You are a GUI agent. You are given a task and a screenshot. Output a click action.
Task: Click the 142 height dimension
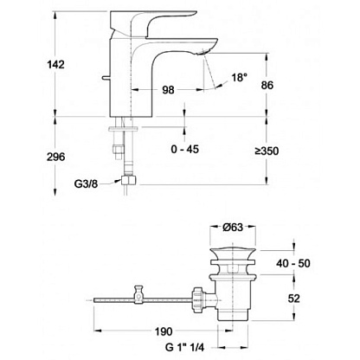tap(56, 64)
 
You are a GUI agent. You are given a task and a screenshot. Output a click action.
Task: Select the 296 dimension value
tap(56, 157)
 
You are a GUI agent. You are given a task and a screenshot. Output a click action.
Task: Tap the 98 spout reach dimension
tap(168, 90)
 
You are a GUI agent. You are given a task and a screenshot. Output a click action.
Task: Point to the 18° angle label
tap(239, 77)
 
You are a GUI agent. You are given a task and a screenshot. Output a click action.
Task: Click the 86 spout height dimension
tap(267, 85)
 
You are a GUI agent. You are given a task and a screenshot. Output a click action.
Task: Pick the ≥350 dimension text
tap(267, 151)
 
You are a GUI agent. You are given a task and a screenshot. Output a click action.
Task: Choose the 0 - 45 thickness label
tap(185, 149)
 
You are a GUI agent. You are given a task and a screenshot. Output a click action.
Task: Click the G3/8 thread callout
tap(86, 183)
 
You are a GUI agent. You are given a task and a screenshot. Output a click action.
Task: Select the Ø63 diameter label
tap(233, 228)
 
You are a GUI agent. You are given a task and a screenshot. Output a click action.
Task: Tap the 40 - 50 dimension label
tap(293, 263)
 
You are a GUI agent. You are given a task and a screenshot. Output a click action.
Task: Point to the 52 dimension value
tap(293, 299)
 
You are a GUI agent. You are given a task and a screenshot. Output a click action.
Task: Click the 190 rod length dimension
tap(164, 331)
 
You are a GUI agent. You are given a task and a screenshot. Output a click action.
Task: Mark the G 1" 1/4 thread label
tap(184, 347)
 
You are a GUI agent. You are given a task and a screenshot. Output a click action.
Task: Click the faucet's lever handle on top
tap(153, 23)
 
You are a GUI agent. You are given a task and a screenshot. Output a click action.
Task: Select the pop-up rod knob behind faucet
tap(106, 78)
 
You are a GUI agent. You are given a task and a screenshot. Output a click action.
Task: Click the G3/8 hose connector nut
tap(128, 181)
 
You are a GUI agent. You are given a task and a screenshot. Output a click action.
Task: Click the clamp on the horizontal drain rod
tap(139, 294)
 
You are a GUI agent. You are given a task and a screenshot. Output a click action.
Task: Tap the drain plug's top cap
tap(233, 253)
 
